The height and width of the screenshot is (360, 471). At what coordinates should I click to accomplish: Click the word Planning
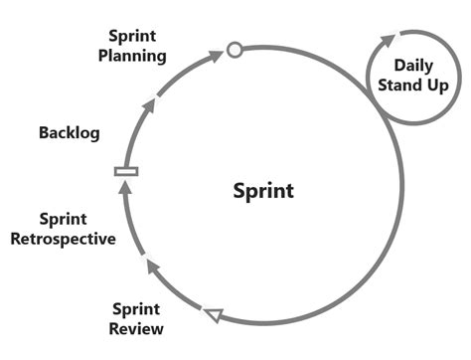(x=132, y=56)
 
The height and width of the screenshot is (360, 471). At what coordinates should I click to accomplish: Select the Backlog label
(x=69, y=132)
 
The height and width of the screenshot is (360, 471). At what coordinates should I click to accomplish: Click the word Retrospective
(x=77, y=239)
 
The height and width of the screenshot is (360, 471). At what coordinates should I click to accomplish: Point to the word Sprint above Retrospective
(x=63, y=219)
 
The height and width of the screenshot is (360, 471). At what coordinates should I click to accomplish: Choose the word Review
(x=137, y=328)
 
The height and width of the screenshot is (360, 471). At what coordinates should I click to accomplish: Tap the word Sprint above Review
(x=136, y=309)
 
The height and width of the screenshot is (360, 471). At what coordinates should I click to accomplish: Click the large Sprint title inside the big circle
(x=263, y=189)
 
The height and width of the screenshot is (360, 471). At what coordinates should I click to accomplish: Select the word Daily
(x=413, y=66)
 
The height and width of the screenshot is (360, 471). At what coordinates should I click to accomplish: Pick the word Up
(x=438, y=86)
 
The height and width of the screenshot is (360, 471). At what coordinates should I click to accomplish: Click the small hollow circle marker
(x=235, y=49)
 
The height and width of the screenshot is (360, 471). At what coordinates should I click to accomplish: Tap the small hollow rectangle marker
(x=126, y=172)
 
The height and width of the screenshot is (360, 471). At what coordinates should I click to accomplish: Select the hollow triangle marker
(x=212, y=315)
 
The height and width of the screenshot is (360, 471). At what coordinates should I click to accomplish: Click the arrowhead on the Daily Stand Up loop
(x=394, y=37)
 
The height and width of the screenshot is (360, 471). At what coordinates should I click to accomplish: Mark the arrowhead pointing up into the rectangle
(x=124, y=187)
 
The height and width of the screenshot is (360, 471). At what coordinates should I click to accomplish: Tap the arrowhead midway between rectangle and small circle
(x=151, y=98)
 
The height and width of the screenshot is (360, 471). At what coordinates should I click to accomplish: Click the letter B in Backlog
(x=43, y=132)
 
